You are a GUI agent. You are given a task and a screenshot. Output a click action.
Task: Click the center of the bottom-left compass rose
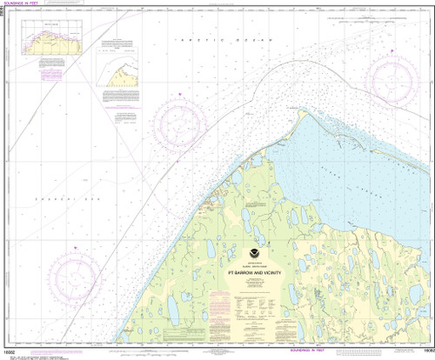tap(77, 274)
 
